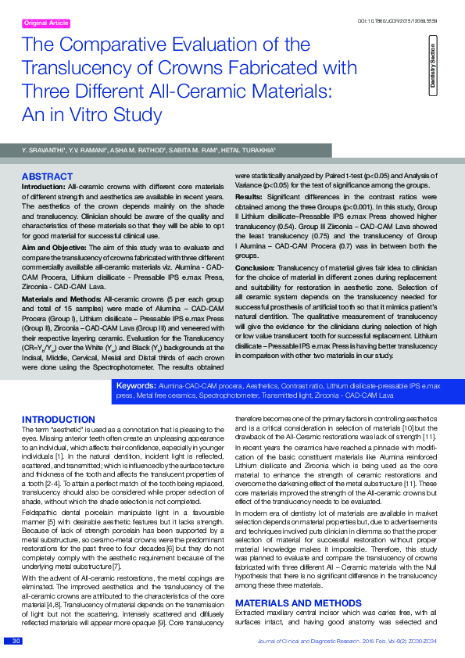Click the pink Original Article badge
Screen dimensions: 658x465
(x=46, y=23)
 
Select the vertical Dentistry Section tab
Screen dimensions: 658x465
(x=433, y=69)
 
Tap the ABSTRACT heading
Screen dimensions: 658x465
(x=47, y=177)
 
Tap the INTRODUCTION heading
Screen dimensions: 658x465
(x=59, y=420)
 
